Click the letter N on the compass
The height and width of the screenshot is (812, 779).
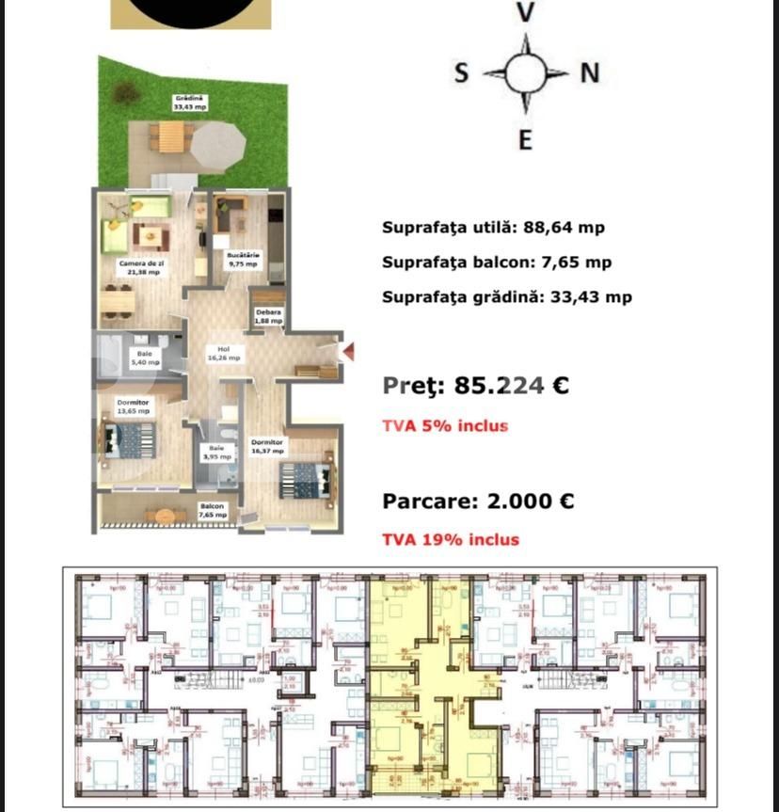pyautogui.click(x=590, y=73)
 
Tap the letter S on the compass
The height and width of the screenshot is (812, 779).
pyautogui.click(x=461, y=73)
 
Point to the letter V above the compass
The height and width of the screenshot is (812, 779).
pyautogui.click(x=526, y=12)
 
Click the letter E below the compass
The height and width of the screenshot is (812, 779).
pyautogui.click(x=526, y=140)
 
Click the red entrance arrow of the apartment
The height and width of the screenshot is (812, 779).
pyautogui.click(x=347, y=352)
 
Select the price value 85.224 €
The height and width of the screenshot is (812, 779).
pyautogui.click(x=511, y=386)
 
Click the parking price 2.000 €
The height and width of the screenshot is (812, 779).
pyautogui.click(x=530, y=502)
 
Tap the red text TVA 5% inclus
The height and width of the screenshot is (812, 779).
pyautogui.click(x=444, y=425)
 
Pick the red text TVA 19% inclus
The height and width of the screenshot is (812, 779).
pyautogui.click(x=450, y=539)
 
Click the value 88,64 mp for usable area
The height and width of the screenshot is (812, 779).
pyautogui.click(x=561, y=228)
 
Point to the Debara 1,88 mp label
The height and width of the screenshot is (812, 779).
pyautogui.click(x=268, y=316)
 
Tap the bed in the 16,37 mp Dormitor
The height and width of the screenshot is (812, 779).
pyautogui.click(x=305, y=480)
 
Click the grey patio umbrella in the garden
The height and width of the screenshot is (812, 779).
pyautogui.click(x=218, y=143)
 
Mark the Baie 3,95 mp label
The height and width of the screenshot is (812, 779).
pyautogui.click(x=217, y=453)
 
